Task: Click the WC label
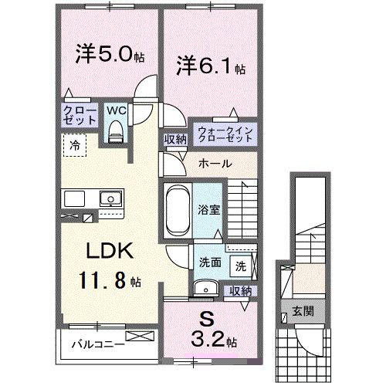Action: coord(116,110)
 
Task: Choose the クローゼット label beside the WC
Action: coord(81,116)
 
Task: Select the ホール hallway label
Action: coord(212,164)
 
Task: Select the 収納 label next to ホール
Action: coord(174,140)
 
